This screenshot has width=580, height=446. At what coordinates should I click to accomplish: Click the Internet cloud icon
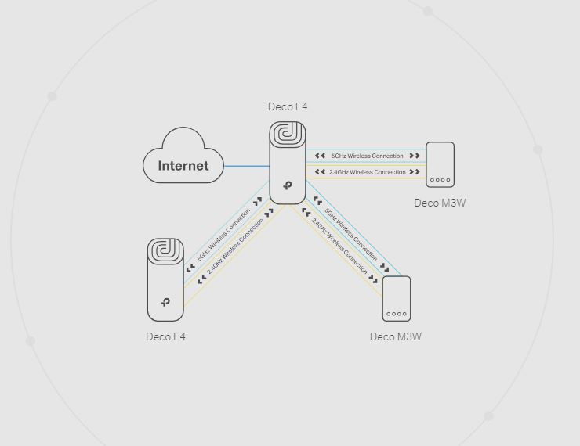(x=183, y=158)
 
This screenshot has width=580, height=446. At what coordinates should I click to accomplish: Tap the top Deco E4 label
(x=288, y=107)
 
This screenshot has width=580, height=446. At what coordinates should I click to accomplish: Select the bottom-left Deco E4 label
(x=165, y=336)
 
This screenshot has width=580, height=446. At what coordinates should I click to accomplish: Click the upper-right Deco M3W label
(x=440, y=203)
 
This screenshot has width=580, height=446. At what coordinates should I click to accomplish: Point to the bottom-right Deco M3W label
(x=396, y=336)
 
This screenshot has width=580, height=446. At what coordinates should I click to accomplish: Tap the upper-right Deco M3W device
(x=440, y=164)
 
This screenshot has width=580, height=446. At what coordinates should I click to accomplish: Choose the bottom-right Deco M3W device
(x=397, y=299)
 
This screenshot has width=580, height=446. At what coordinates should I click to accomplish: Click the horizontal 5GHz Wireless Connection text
(x=367, y=156)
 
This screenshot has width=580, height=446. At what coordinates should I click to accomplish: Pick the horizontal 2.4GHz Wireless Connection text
(x=367, y=172)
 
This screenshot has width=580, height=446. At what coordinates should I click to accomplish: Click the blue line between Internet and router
(x=247, y=166)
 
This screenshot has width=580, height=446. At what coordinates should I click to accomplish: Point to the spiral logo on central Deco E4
(x=288, y=137)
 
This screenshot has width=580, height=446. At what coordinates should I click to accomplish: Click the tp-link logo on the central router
(x=288, y=185)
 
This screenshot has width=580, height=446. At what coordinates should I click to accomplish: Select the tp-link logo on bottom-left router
(x=165, y=302)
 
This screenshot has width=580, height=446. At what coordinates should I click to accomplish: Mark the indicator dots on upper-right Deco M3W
(x=440, y=180)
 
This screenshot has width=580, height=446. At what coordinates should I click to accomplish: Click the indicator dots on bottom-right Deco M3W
(x=397, y=314)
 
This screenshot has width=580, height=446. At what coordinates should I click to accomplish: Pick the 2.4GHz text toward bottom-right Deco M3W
(x=339, y=245)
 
